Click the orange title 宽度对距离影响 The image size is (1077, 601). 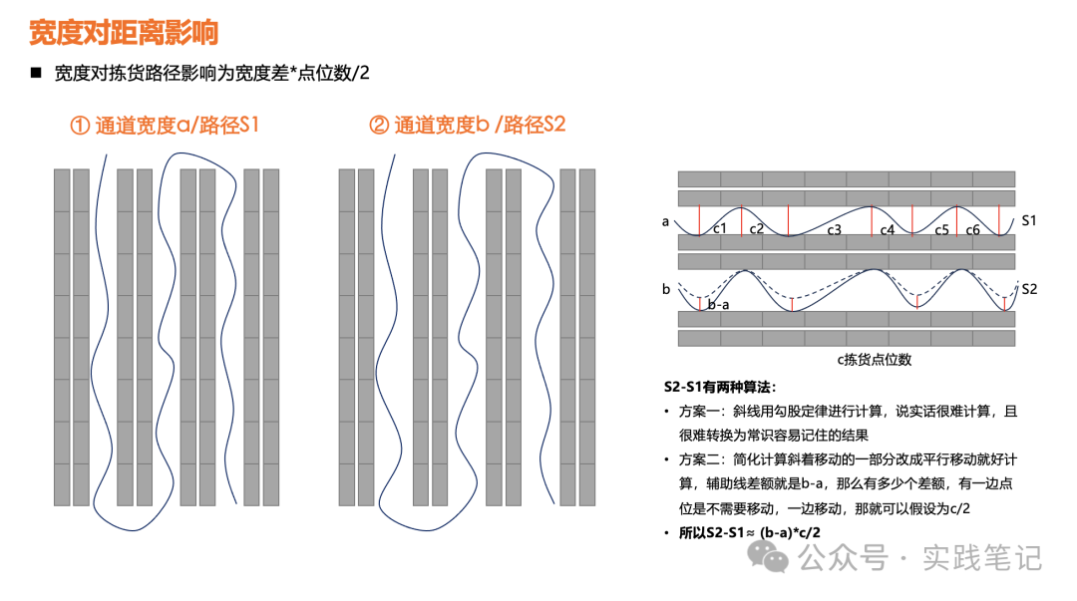124,32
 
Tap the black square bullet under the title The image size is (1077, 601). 37,73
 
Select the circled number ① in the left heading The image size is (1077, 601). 80,126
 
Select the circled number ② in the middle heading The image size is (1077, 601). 379,125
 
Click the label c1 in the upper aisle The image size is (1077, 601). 720,228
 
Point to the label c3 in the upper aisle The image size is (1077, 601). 834,229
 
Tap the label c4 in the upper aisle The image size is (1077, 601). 888,229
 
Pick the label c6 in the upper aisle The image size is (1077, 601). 972,229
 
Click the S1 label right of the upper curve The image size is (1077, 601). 1028,220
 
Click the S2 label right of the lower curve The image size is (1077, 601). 1029,289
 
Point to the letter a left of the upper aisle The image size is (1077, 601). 665,222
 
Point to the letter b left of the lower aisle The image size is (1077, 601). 665,289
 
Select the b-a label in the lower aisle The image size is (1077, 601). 718,304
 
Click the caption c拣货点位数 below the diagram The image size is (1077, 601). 874,359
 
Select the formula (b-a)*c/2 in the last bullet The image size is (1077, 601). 789,532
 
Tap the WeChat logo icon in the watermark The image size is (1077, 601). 767,556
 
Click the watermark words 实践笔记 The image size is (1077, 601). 981,557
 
